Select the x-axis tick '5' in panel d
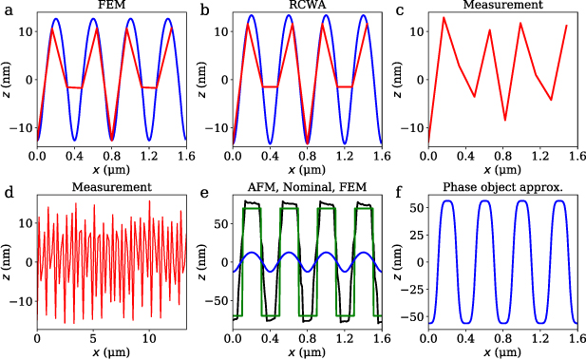[92, 338]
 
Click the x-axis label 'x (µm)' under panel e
[306, 352]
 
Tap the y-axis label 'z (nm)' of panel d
[7, 263]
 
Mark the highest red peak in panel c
[444, 17]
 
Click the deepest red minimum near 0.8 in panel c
[505, 121]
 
